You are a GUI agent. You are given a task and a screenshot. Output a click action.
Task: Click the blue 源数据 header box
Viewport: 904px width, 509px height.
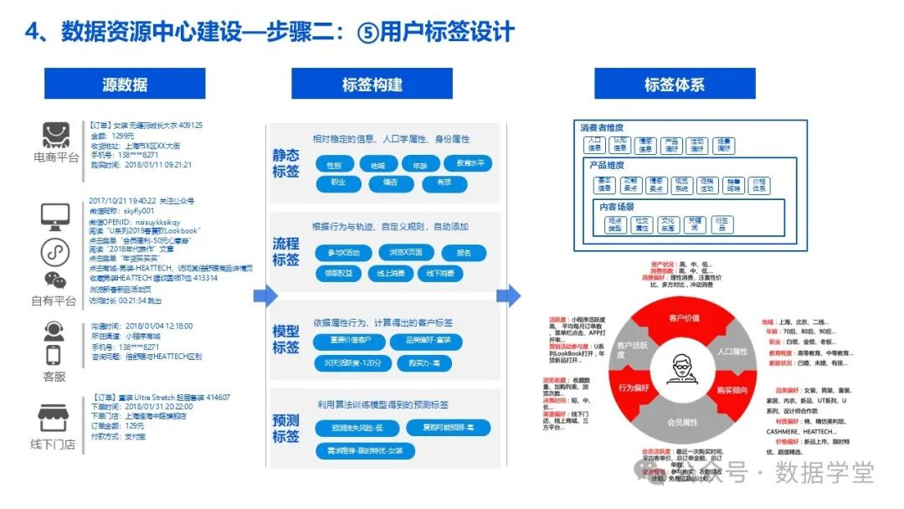(125, 84)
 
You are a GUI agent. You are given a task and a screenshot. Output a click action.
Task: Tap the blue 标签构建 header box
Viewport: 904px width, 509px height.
(372, 84)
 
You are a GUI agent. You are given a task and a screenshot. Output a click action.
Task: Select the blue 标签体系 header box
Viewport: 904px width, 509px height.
(674, 84)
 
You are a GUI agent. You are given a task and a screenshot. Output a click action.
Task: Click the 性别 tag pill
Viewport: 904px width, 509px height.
(334, 164)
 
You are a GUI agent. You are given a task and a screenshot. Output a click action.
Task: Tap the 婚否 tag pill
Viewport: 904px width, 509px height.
(390, 182)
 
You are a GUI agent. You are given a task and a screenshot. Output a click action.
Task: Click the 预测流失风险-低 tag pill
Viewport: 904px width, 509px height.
(351, 429)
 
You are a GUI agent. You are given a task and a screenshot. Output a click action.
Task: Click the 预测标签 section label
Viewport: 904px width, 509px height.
(285, 428)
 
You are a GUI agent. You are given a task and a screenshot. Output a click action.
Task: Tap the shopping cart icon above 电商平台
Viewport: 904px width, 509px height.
(55, 135)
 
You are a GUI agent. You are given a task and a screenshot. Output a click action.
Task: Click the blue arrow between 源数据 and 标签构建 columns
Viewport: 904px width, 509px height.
(265, 296)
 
